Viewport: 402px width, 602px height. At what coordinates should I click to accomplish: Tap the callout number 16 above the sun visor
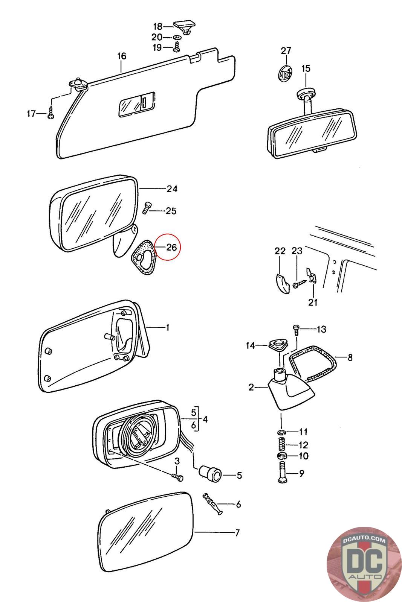tap(121, 56)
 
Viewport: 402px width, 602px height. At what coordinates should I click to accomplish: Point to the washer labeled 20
tap(177, 38)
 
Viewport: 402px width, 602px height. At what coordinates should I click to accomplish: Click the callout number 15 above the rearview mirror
tap(306, 68)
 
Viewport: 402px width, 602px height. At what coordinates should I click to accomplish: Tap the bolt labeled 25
tap(147, 207)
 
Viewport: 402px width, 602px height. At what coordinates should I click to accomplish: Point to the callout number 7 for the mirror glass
tap(237, 533)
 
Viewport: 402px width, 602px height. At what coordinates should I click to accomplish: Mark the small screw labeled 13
tap(296, 329)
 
